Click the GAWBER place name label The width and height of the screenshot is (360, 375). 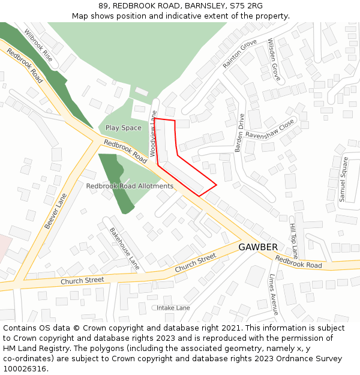[258, 247]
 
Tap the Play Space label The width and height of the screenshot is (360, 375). [124, 128]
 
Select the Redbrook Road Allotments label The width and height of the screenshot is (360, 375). [130, 186]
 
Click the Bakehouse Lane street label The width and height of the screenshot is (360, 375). [124, 248]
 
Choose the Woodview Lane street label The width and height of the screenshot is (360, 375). [153, 133]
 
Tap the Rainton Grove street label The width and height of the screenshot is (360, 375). [239, 53]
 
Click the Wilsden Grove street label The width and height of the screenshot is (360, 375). [274, 61]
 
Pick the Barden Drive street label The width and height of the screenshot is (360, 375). [240, 133]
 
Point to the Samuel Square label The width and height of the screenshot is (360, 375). [343, 179]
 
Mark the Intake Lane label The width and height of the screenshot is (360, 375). [173, 308]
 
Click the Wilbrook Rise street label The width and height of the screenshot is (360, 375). [38, 46]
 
